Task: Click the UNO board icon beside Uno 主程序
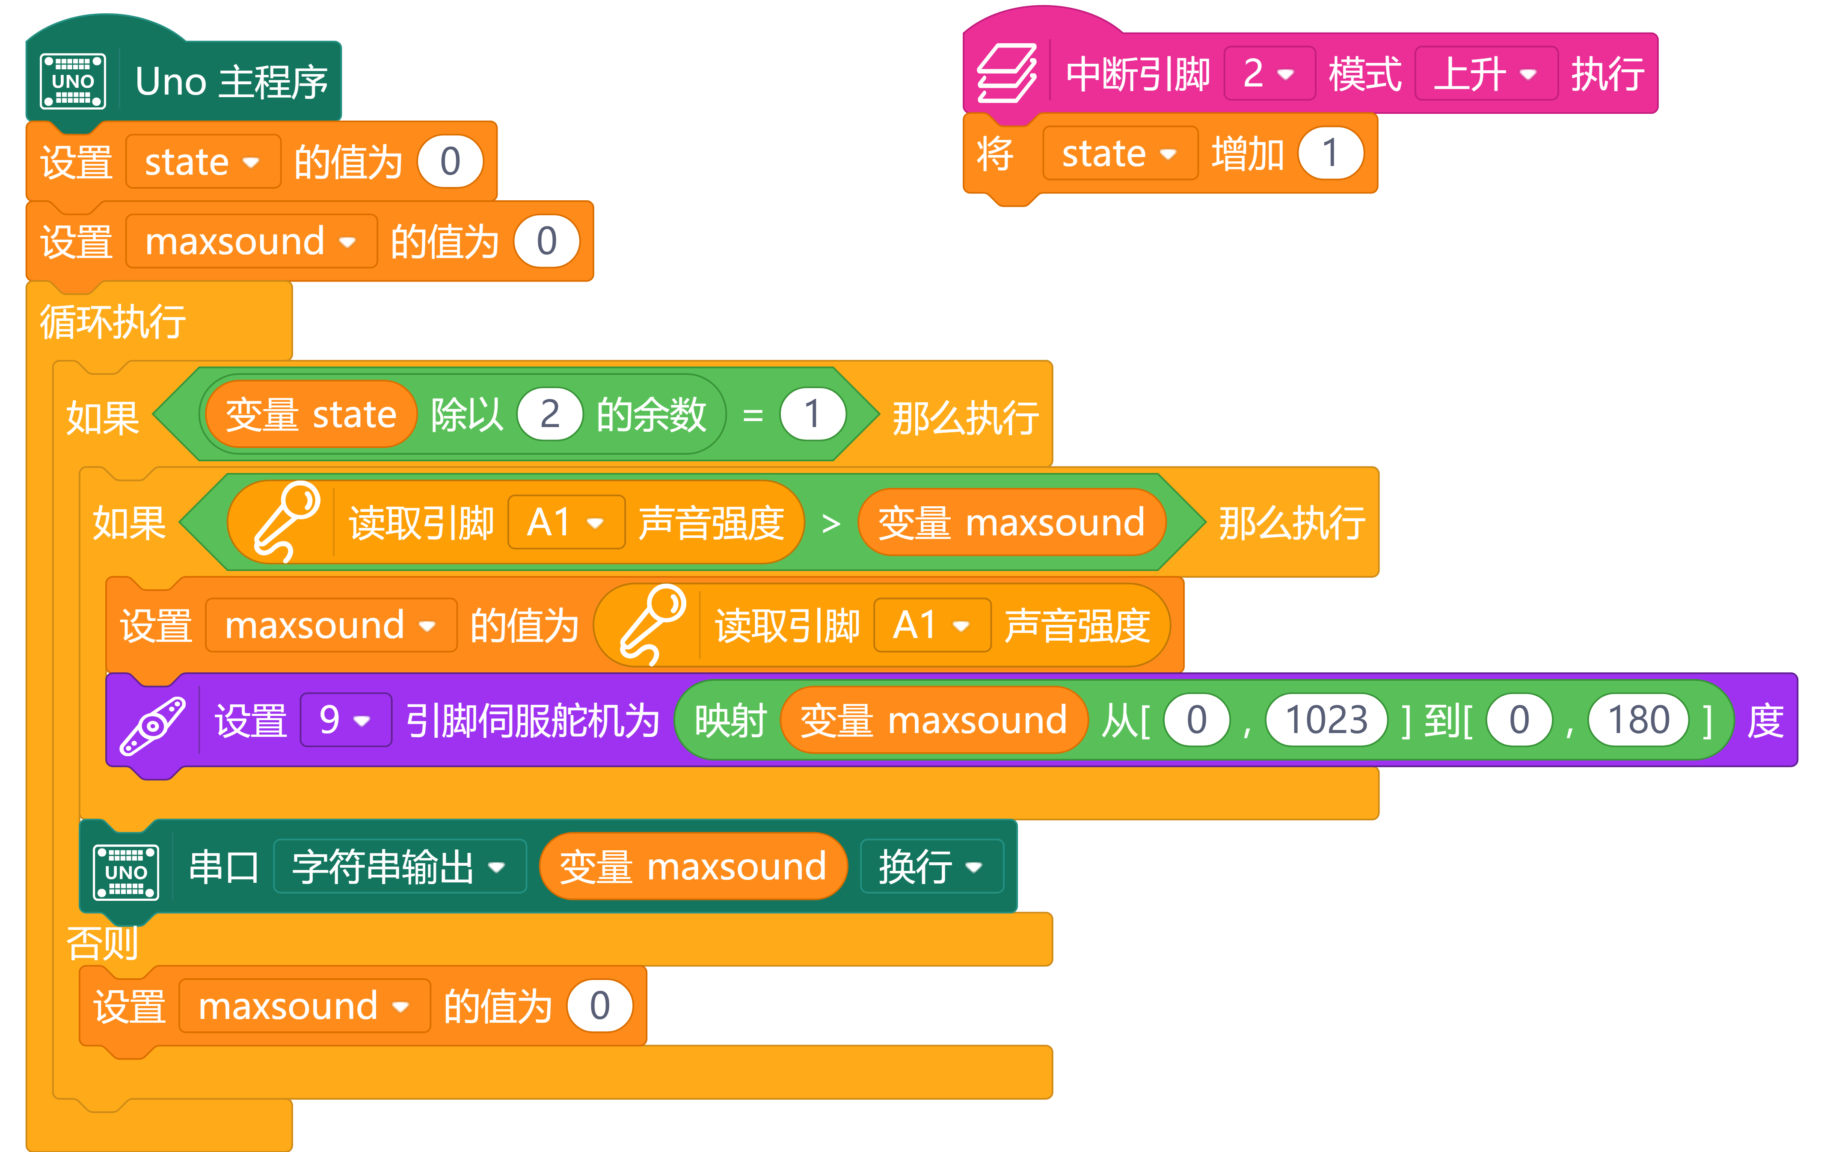click(x=73, y=81)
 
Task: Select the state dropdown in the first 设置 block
click(x=202, y=161)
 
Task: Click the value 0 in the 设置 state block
click(x=450, y=161)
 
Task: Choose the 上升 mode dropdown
click(x=1485, y=74)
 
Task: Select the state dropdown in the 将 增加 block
click(x=1119, y=154)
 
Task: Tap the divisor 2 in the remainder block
click(x=549, y=414)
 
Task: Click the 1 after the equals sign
click(x=812, y=414)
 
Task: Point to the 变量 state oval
click(x=311, y=414)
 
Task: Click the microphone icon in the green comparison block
click(x=286, y=522)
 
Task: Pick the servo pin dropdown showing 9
click(x=345, y=719)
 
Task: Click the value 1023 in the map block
click(x=1326, y=719)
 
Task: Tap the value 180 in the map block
click(x=1638, y=719)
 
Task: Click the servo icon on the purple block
click(x=152, y=726)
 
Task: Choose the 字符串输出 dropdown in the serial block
click(x=399, y=867)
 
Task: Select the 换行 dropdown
click(x=931, y=867)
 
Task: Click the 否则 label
click(x=102, y=943)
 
